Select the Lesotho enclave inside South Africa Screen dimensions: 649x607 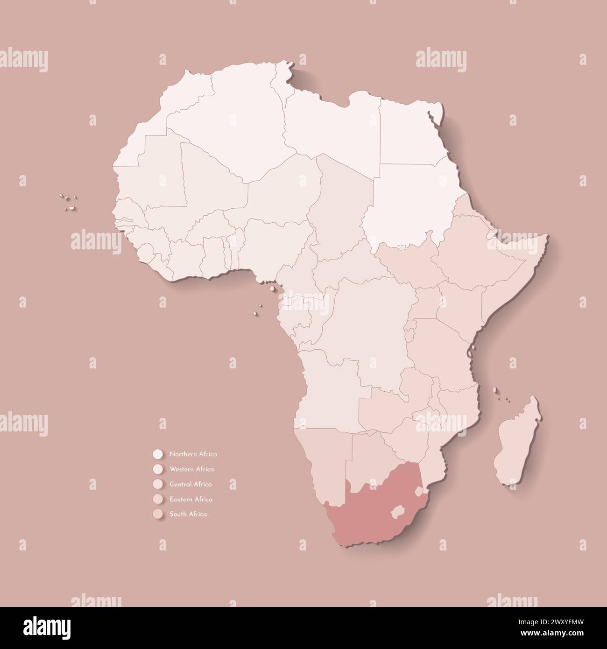tap(398, 510)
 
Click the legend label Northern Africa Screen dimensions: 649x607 tap(193, 454)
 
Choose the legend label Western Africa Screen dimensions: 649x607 tap(192, 469)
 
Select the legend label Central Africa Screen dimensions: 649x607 tap(191, 484)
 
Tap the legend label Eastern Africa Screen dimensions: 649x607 tap(191, 499)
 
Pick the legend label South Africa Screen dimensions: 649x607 tap(188, 514)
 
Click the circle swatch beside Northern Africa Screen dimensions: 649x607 tap(157, 454)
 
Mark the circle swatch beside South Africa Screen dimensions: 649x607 tap(157, 514)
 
